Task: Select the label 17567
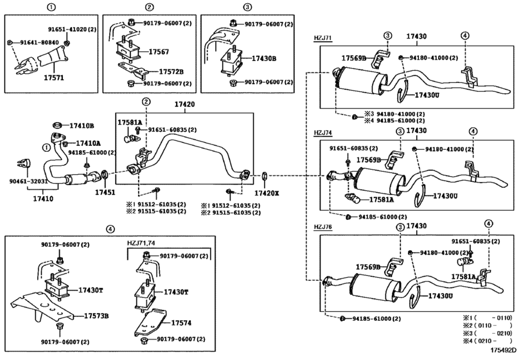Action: pyautogui.click(x=159, y=52)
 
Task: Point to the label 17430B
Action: pyautogui.click(x=263, y=59)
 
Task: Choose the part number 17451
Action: pyautogui.click(x=105, y=192)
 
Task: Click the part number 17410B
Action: pyautogui.click(x=82, y=125)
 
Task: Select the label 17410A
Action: pyautogui.click(x=88, y=143)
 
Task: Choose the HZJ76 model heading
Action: pyautogui.click(x=323, y=226)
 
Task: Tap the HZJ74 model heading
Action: pyautogui.click(x=323, y=133)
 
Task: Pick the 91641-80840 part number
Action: pyautogui.click(x=36, y=42)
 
